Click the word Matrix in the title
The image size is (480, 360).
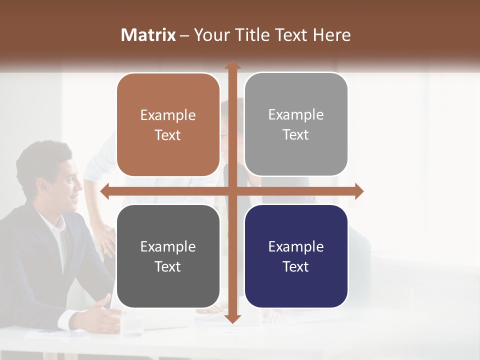click(148, 35)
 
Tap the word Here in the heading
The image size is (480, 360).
click(331, 35)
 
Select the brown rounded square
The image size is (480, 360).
click(168, 125)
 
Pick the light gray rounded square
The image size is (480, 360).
click(296, 124)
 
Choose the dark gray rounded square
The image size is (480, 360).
click(168, 256)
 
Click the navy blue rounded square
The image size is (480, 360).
click(296, 256)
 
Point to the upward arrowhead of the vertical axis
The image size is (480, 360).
click(232, 65)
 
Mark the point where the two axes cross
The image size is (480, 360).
click(232, 191)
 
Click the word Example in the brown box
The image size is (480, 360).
click(168, 115)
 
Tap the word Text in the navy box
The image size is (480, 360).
click(296, 266)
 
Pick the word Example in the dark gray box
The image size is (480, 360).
click(168, 246)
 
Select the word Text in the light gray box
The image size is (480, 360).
click(296, 135)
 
